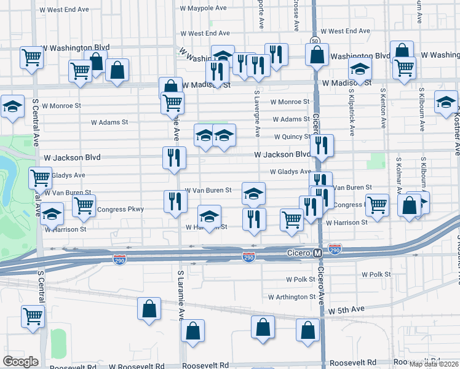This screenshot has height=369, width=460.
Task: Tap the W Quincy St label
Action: (x=292, y=137)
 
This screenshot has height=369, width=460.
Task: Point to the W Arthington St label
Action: (x=292, y=297)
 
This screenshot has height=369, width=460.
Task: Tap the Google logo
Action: (x=20, y=362)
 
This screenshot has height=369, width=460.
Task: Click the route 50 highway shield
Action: (x=315, y=40)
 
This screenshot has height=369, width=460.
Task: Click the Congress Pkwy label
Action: (x=121, y=209)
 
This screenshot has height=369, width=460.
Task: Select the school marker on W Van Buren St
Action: (x=253, y=194)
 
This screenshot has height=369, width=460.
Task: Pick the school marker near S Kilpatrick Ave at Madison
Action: (x=360, y=69)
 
